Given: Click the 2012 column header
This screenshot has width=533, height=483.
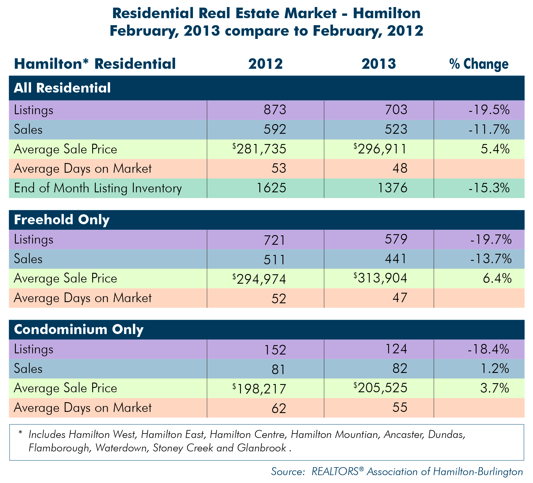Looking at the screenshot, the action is [x=265, y=64].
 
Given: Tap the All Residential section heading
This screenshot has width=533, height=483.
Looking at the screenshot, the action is [x=62, y=88].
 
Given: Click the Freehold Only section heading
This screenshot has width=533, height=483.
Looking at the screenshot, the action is [x=62, y=220].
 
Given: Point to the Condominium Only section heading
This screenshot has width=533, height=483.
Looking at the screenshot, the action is [x=79, y=329].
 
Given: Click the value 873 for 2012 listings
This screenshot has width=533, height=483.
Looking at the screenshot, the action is [x=275, y=110].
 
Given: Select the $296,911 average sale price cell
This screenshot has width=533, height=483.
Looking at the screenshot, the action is [x=380, y=149].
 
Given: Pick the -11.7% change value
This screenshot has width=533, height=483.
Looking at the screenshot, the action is [x=489, y=129].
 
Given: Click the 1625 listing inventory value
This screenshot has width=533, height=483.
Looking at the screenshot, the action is [x=271, y=188].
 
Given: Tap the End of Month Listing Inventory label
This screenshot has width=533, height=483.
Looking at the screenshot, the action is [x=98, y=188].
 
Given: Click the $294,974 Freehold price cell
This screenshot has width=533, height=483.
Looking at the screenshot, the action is [x=259, y=279].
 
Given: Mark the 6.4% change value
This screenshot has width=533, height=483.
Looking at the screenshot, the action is [x=497, y=278].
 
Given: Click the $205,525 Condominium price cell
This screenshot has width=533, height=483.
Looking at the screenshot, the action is [x=380, y=388].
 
